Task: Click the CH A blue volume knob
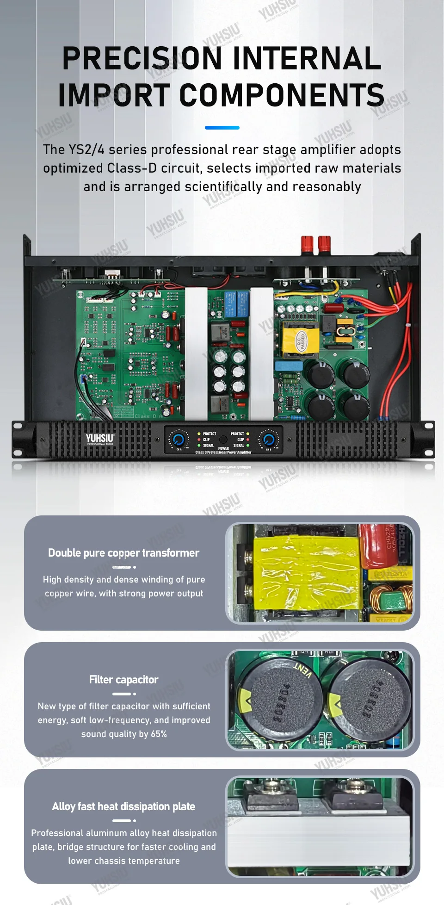click(178, 440)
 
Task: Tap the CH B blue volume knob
click(268, 440)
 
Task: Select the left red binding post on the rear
click(307, 244)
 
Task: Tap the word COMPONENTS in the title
click(282, 96)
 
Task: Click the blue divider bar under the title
click(222, 127)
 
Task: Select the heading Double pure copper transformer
click(123, 553)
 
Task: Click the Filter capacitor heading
click(123, 680)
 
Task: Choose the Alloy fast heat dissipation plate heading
click(123, 806)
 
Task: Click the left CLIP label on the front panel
click(206, 440)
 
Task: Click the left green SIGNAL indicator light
click(199, 446)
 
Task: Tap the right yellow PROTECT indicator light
click(248, 434)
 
